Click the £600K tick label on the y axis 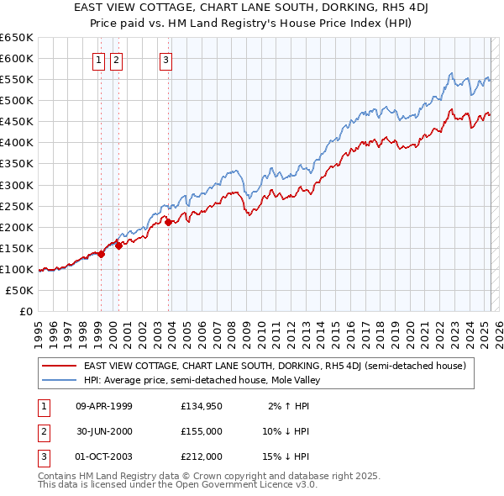tap(17, 58)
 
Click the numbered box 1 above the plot tap(99, 59)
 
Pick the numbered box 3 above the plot tap(166, 59)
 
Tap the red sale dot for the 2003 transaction tap(169, 222)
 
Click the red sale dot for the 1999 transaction tap(101, 254)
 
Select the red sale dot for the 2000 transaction tap(119, 245)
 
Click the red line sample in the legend tap(59, 366)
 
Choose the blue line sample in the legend tap(59, 380)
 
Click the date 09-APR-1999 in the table tap(104, 406)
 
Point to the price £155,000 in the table tap(202, 431)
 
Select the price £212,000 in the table tap(202, 456)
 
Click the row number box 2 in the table tap(42, 431)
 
